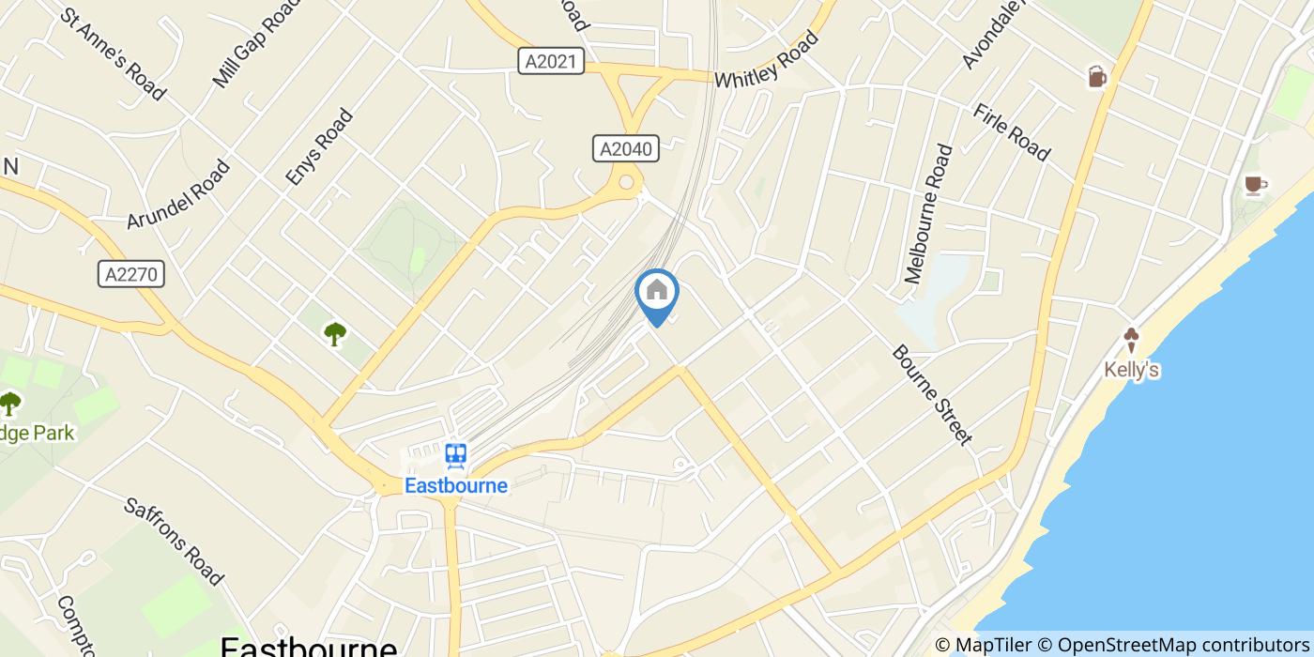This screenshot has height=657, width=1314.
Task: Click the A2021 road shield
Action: [551, 62]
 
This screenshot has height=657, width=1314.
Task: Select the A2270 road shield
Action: [131, 274]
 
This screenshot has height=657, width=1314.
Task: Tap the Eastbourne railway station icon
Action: [456, 456]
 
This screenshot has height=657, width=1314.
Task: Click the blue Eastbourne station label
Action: [456, 485]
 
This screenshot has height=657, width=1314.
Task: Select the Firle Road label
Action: [1011, 132]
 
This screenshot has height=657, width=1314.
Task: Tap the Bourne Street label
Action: [931, 394]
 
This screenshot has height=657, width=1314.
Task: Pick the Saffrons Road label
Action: [174, 541]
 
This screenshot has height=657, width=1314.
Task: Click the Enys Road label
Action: [319, 146]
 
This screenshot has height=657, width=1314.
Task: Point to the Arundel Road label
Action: [178, 194]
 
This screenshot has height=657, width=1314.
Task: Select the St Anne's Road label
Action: [113, 54]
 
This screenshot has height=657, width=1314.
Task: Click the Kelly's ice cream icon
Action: [1131, 340]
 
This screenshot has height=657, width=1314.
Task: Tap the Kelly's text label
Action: [1131, 370]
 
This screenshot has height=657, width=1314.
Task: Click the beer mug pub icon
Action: [1097, 77]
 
